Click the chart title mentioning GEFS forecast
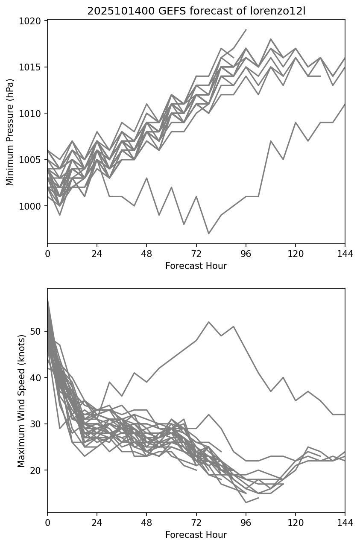coord(196,11)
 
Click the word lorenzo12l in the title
coord(284,11)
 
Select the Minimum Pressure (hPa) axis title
coord(10,132)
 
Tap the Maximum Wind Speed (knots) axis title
coord(21,400)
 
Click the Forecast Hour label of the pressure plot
coord(196,266)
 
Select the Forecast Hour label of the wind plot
coord(196,535)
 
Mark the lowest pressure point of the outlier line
coord(208,234)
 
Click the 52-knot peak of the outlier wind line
coord(208,322)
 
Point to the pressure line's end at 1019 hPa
coord(246,30)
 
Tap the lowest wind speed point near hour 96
coord(246,502)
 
